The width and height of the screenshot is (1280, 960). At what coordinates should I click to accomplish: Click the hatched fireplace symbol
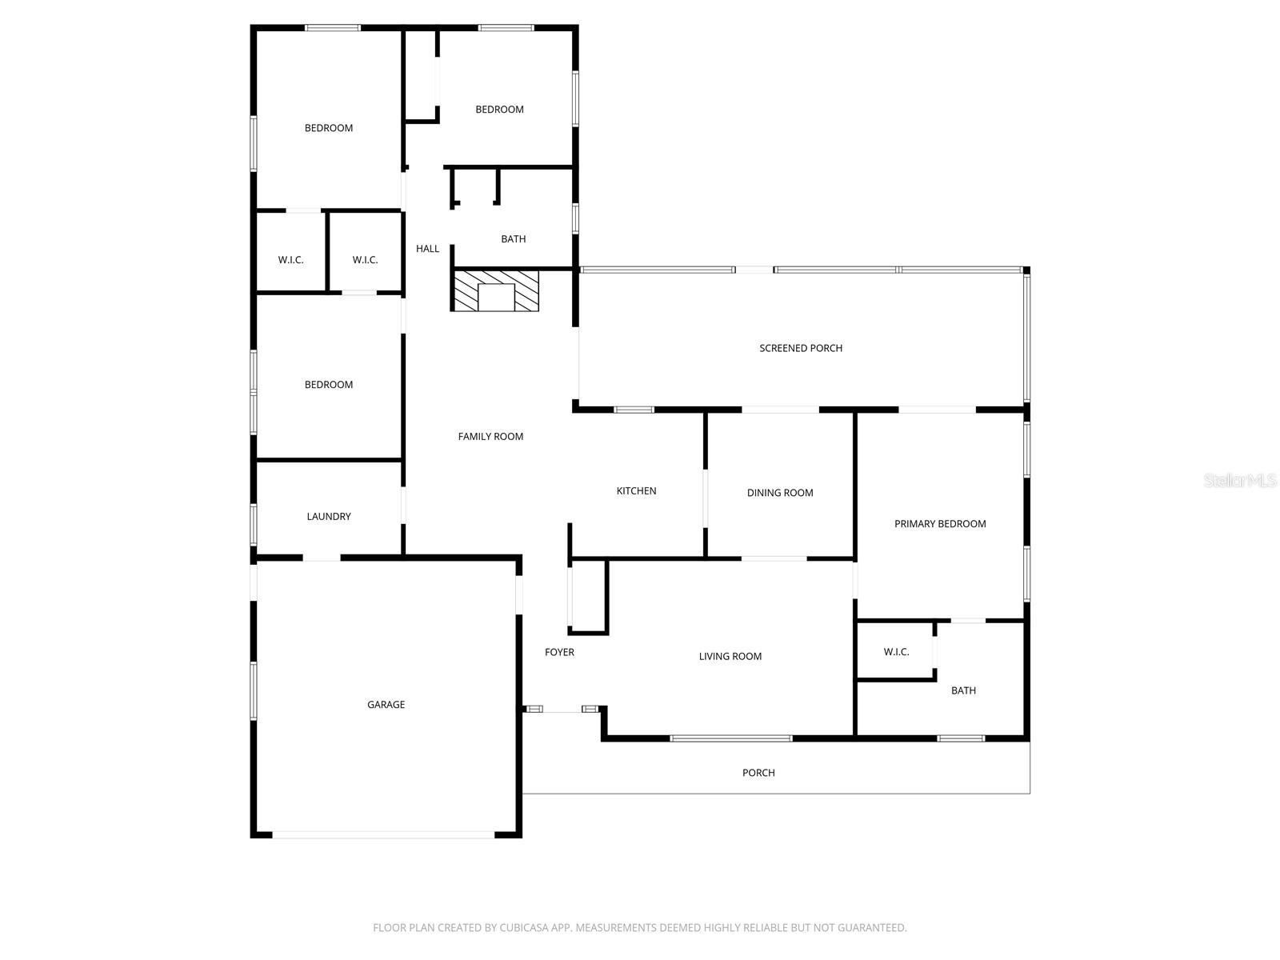(x=496, y=291)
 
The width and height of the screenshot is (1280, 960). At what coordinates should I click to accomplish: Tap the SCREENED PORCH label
(x=801, y=348)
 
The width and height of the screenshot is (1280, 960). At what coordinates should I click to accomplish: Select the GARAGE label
(x=386, y=705)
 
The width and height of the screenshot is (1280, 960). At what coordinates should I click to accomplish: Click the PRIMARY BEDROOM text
(x=940, y=524)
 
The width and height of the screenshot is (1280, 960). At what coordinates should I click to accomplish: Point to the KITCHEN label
(x=636, y=491)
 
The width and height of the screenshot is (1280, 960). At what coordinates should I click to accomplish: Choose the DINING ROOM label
(x=780, y=493)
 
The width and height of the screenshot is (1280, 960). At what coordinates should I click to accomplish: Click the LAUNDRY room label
(x=329, y=517)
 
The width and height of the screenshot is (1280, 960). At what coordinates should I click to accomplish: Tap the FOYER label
(x=559, y=653)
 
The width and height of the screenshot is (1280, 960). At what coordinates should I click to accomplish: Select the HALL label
(x=427, y=249)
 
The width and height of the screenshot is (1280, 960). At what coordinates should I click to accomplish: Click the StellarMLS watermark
(x=1239, y=481)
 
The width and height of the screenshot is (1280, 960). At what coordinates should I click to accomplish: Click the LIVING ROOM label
(x=730, y=657)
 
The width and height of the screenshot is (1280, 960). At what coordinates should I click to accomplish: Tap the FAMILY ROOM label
(x=490, y=437)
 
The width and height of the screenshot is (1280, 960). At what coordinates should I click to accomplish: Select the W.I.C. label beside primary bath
(x=896, y=652)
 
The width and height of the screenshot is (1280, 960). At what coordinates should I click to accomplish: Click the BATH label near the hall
(x=513, y=239)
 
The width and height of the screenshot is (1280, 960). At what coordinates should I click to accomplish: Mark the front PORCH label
(x=758, y=773)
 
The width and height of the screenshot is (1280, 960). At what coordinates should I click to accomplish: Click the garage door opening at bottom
(x=384, y=835)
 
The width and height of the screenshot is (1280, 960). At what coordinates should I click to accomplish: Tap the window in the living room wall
(x=730, y=738)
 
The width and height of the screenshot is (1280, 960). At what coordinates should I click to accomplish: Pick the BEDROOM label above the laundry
(x=329, y=385)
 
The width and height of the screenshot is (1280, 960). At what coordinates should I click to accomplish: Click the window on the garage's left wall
(x=254, y=691)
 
